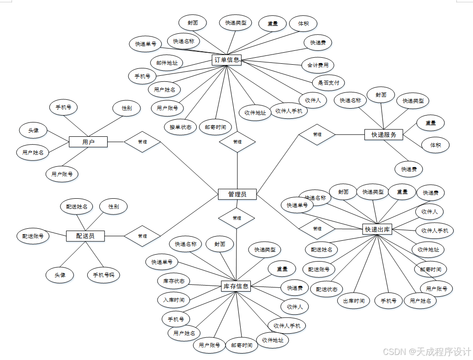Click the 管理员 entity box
pyautogui.click(x=237, y=194)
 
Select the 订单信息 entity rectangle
pyautogui.click(x=227, y=60)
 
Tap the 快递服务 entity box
pyautogui.click(x=383, y=134)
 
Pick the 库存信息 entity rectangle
pyautogui.click(x=236, y=287)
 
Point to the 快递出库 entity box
pyautogui.click(x=377, y=229)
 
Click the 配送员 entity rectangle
pyautogui.click(x=85, y=236)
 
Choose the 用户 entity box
pyautogui.click(x=88, y=142)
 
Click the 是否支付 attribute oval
pyautogui.click(x=328, y=83)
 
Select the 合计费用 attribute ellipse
pyautogui.click(x=318, y=65)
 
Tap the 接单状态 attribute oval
pyautogui.click(x=181, y=127)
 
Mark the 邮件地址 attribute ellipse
pyautogui.click(x=167, y=62)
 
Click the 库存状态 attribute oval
pyautogui.click(x=173, y=281)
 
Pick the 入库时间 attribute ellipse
pyautogui.click(x=173, y=300)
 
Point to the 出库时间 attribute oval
pyautogui.click(x=353, y=301)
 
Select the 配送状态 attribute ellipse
pyautogui.click(x=327, y=289)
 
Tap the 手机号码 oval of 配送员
pyautogui.click(x=103, y=275)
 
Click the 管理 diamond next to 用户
pyautogui.click(x=142, y=142)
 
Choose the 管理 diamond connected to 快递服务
pyautogui.click(x=317, y=134)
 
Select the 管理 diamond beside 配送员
pyautogui.click(x=142, y=236)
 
